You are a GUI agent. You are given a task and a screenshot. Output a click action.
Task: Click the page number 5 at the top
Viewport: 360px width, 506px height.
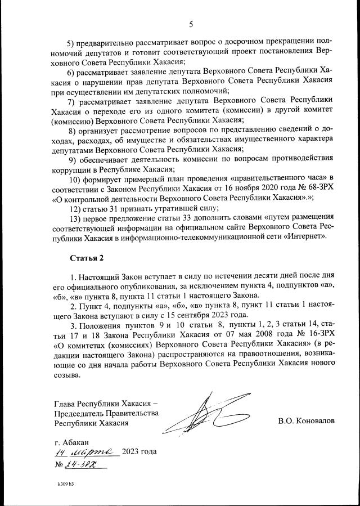click(x=191, y=24)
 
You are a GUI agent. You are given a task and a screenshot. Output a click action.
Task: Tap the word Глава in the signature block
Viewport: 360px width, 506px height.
click(x=65, y=403)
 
